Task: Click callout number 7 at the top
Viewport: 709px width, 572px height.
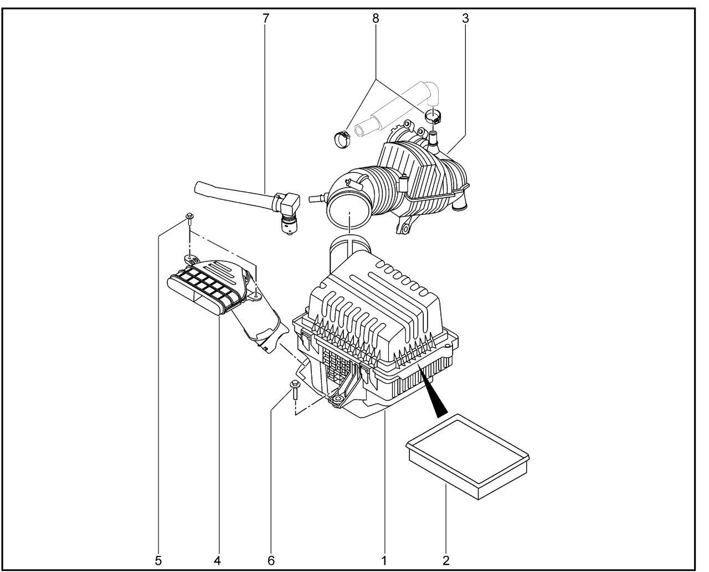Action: [x=265, y=18]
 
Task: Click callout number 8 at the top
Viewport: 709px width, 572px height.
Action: [x=376, y=18]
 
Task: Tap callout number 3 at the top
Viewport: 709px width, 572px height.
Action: [x=465, y=18]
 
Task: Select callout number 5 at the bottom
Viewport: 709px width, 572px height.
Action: [x=158, y=561]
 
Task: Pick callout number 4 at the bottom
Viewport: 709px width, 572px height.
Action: [x=217, y=561]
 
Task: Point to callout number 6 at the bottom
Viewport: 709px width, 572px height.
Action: [x=271, y=561]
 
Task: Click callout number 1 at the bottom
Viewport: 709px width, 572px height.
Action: [x=384, y=561]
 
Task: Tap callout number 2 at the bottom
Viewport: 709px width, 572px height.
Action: [x=446, y=561]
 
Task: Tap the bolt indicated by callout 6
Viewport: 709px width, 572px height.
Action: [x=295, y=390]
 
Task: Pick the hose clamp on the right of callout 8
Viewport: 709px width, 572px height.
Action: [x=433, y=116]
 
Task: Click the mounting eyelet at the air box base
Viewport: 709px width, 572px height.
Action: [x=337, y=399]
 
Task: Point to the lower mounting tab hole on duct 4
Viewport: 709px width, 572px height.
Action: [x=256, y=295]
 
